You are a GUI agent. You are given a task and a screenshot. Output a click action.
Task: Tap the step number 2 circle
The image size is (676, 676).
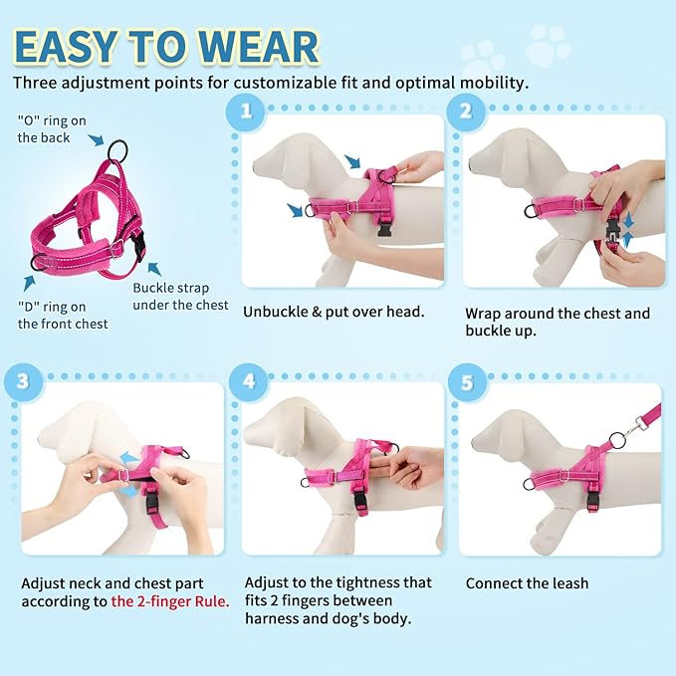(x=465, y=110)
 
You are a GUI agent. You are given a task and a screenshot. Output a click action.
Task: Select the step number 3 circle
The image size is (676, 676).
(x=21, y=379)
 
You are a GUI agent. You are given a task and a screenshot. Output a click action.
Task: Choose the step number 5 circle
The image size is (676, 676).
(x=465, y=379)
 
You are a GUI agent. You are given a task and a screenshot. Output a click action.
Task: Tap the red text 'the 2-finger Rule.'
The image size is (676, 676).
(x=170, y=600)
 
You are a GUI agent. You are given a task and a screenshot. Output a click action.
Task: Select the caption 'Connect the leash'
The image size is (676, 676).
(x=527, y=583)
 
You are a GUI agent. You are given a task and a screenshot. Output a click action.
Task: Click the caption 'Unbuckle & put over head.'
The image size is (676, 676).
(x=334, y=312)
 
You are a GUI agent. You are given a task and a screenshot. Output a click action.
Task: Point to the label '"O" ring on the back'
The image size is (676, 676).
(x=52, y=129)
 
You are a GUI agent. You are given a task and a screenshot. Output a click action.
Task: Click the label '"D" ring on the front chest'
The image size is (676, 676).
(x=63, y=315)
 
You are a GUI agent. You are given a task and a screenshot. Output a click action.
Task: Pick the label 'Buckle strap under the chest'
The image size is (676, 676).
(x=180, y=297)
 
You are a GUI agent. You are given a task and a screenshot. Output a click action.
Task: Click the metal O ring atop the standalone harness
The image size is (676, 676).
(x=119, y=149)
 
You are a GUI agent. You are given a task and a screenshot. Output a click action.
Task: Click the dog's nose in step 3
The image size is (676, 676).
(x=29, y=439)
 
